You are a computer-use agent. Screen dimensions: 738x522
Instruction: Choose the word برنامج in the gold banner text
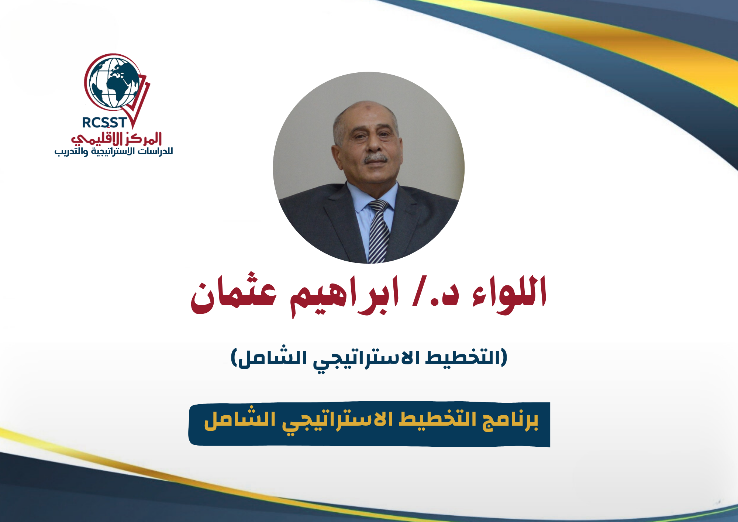511,420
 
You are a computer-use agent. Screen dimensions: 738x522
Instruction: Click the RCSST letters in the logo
104,123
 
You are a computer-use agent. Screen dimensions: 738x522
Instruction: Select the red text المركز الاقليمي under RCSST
117,138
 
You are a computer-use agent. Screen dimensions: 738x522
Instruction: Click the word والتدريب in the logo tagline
71,151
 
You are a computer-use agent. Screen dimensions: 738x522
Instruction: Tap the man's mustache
376,159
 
